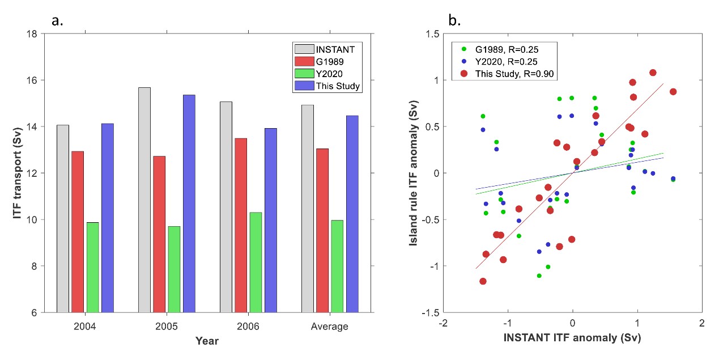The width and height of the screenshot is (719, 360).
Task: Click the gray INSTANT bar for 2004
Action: coord(62,218)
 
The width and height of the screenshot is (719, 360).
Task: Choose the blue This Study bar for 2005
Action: coord(189,204)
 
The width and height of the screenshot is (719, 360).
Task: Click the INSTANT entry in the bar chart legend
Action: coord(326,49)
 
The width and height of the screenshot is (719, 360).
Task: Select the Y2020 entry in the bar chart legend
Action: coord(326,74)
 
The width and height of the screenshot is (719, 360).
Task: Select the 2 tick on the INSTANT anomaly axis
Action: coord(702,323)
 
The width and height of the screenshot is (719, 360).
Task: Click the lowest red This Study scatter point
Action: coord(483,281)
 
